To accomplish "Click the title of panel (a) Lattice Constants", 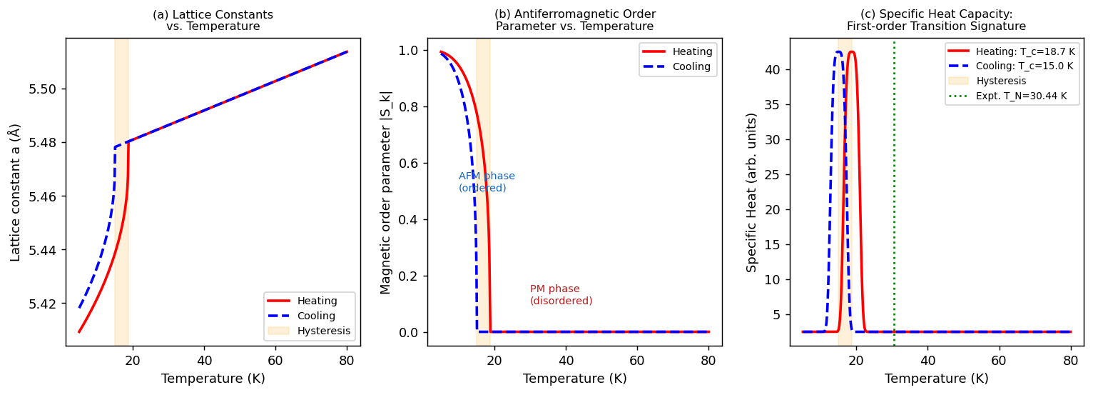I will tap(213, 20).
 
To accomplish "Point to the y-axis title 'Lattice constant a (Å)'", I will tap(16, 192).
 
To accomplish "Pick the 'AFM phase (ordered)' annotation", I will tap(486, 182).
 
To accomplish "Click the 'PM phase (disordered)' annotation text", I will tap(561, 295).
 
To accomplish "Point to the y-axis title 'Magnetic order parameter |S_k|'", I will tap(386, 192).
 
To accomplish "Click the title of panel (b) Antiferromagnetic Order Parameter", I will tap(574, 20).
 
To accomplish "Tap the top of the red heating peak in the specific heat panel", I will tap(851, 51).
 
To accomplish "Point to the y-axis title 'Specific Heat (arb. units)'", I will tap(752, 192).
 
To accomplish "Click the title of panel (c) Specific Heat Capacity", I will tap(936, 20).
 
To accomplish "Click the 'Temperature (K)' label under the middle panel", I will tap(574, 379).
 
